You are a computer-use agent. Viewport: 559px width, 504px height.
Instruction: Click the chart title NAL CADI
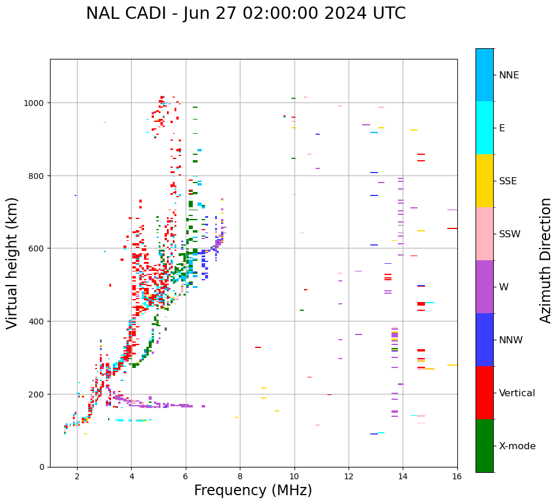(246, 14)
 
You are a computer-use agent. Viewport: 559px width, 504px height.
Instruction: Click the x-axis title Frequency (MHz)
(253, 490)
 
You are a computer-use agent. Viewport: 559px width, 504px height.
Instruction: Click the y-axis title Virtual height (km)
(12, 263)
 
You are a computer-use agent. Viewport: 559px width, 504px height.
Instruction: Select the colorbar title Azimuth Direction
(546, 260)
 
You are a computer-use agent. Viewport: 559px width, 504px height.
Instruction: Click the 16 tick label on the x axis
(457, 476)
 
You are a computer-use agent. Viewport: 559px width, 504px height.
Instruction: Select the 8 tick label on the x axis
(240, 476)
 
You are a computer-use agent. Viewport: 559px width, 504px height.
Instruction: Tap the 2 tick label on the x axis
(77, 476)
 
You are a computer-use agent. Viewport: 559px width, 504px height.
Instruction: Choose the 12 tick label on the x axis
(349, 476)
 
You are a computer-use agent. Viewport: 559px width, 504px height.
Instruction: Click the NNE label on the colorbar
(509, 75)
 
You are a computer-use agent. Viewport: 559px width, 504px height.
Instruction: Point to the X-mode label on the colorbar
(517, 446)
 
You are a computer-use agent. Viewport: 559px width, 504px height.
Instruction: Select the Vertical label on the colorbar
(517, 393)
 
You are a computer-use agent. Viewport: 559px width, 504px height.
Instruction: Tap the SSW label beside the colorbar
(510, 234)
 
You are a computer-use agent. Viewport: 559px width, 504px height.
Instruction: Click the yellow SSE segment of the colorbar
(484, 181)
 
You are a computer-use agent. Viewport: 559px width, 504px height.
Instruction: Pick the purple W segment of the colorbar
(484, 287)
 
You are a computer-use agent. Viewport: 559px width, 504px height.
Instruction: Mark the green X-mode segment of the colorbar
(484, 446)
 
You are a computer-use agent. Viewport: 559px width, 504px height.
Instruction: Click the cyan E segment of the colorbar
(484, 128)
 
